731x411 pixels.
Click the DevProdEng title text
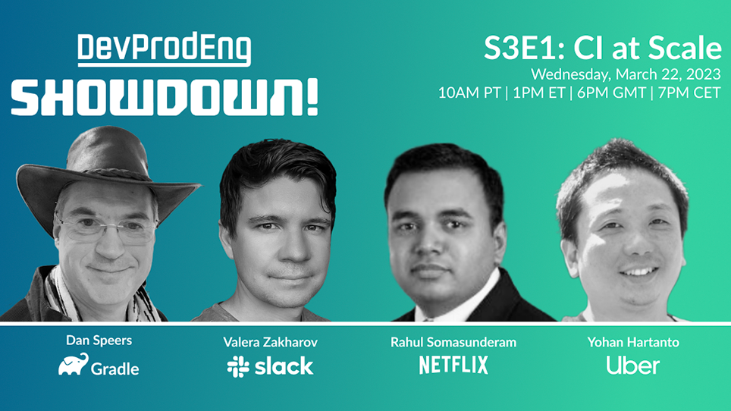coord(164,49)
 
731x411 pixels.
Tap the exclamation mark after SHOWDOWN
coord(311,97)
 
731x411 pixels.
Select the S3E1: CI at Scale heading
coord(602,48)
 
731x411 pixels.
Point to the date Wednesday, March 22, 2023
coord(626,74)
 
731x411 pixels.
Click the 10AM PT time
coord(469,93)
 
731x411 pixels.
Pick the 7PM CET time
coord(689,93)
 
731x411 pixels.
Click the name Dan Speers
coord(99,340)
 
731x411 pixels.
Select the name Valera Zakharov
coord(271,343)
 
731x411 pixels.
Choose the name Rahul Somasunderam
coord(453,343)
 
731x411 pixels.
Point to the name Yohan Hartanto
coord(633,343)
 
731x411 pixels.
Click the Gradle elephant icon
coord(74,365)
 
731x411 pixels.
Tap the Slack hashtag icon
coord(238,366)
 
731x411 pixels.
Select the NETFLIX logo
coord(453,365)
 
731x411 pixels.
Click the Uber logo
coord(633,366)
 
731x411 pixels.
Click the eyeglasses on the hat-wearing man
coord(107,229)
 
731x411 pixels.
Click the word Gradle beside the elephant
coord(115,369)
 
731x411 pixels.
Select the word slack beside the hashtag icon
coord(284,366)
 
